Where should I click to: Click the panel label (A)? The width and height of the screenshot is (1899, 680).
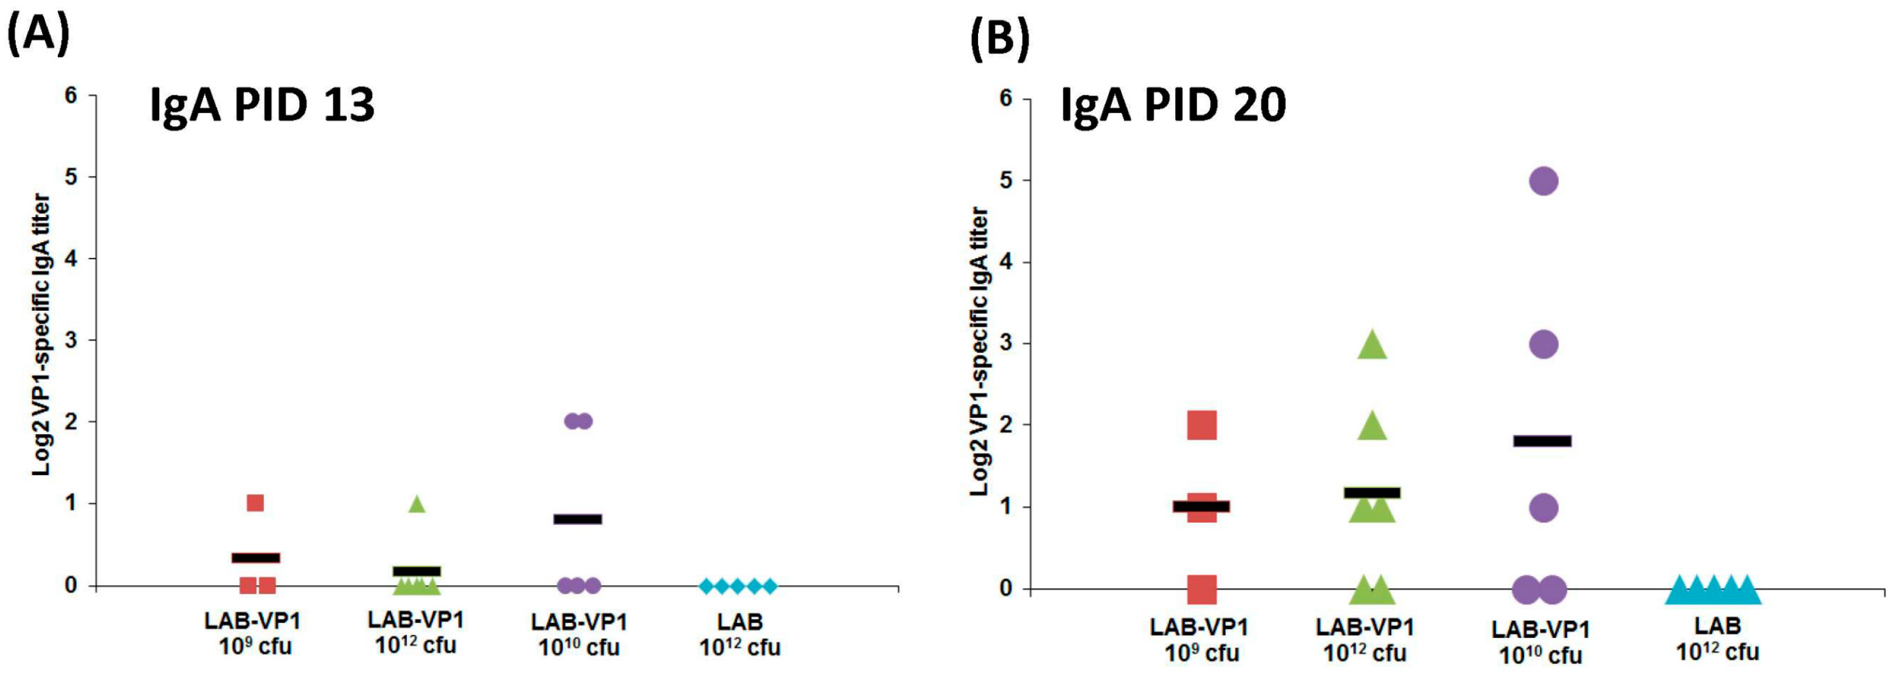(x=38, y=35)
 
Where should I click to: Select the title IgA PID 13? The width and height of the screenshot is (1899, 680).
(x=262, y=104)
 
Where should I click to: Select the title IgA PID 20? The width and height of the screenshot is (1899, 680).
(x=1173, y=104)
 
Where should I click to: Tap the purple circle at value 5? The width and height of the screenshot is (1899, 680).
(x=1544, y=181)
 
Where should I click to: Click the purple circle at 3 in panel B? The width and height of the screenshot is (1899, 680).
(x=1544, y=344)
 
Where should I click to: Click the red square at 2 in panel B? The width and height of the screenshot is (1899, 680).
(x=1201, y=426)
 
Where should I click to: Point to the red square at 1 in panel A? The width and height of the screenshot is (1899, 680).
(x=255, y=503)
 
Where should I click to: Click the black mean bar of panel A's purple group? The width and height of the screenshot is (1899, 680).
(x=578, y=519)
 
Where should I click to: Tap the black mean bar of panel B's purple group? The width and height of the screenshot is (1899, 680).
(x=1542, y=441)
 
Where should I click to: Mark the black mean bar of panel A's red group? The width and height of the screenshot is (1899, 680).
(x=256, y=558)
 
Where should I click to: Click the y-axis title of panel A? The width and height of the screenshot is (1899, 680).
(x=41, y=336)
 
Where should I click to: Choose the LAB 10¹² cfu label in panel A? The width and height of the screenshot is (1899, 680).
(x=740, y=634)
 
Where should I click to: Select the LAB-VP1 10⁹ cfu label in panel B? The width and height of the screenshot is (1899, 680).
(x=1199, y=639)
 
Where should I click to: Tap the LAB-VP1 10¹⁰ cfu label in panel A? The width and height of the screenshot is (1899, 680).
(x=578, y=634)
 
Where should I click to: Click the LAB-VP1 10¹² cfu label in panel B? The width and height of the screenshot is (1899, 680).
(x=1366, y=639)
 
